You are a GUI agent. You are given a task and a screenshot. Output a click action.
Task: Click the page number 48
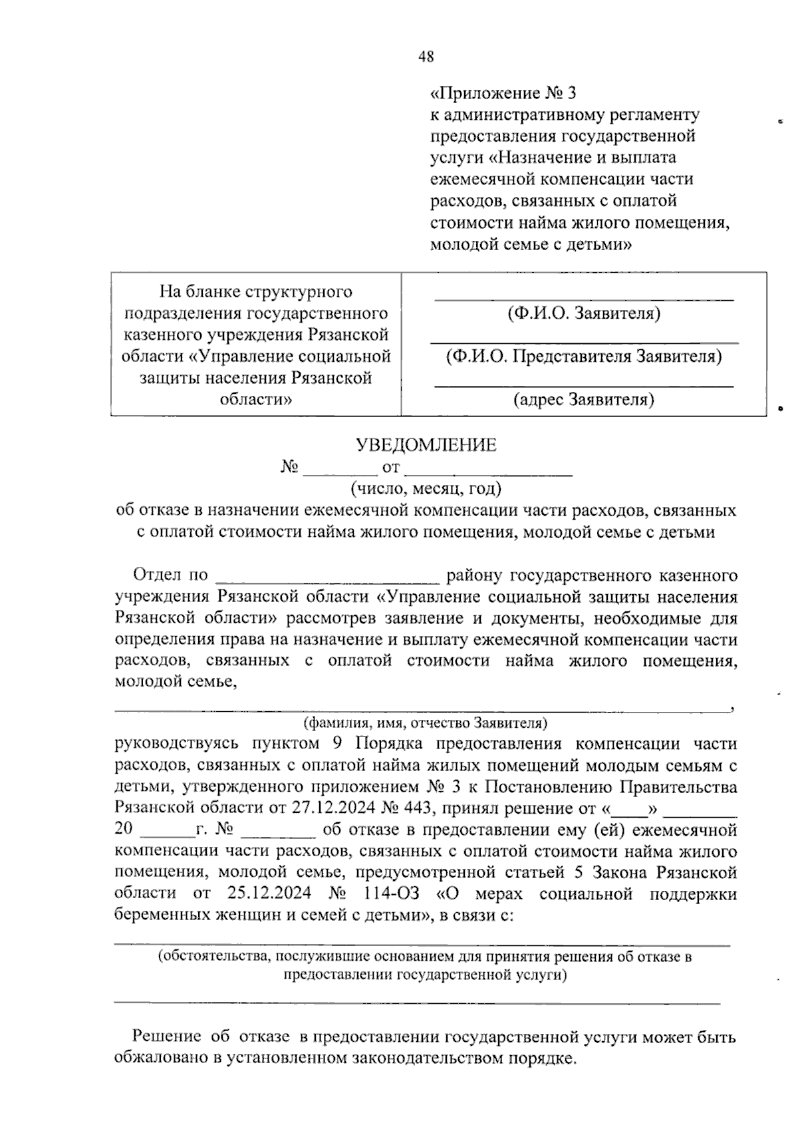[x=426, y=57]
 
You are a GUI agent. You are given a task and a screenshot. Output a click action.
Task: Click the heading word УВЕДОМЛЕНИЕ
[x=426, y=445]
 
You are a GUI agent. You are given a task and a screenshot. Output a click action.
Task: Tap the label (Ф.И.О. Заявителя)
[x=583, y=313]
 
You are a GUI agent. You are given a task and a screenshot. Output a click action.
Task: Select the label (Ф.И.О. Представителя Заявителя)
[x=583, y=357]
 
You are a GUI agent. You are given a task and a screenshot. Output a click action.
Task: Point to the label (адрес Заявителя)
[x=583, y=399]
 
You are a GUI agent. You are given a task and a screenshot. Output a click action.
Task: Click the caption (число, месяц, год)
[x=426, y=489]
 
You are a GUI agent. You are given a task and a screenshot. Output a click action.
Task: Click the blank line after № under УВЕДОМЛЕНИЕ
[x=340, y=472]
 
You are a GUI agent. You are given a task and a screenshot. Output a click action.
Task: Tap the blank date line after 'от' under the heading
[x=489, y=472]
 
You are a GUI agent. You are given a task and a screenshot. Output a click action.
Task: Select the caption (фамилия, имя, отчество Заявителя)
[x=425, y=723]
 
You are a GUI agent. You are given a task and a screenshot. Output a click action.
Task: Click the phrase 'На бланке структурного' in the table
[x=256, y=292]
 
